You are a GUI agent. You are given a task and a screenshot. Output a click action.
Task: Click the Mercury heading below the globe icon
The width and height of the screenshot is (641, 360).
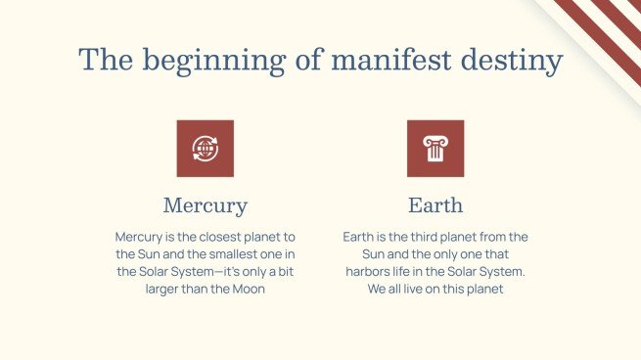click(205, 205)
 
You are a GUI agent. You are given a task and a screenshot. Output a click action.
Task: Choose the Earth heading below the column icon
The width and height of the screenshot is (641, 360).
click(435, 205)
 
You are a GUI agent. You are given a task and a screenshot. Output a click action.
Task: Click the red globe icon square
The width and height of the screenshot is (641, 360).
click(205, 149)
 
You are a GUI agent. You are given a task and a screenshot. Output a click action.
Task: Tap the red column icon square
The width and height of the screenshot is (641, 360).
click(435, 149)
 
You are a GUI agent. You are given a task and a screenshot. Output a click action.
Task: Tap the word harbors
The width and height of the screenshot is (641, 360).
click(370, 272)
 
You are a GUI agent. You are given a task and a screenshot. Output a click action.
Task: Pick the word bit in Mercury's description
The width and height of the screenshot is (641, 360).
click(285, 272)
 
